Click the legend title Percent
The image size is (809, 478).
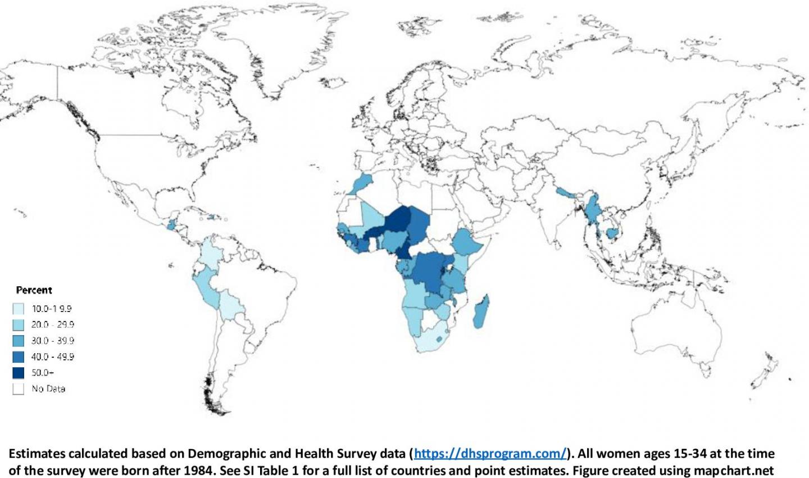[x=34, y=290]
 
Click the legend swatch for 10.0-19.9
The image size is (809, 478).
[x=19, y=309]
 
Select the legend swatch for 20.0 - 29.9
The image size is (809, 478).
[x=19, y=324]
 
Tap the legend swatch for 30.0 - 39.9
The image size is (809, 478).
[x=19, y=341]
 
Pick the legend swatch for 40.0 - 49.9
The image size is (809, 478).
[x=19, y=357]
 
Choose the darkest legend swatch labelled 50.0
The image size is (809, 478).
[x=19, y=372]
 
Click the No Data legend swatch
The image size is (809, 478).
[x=19, y=389]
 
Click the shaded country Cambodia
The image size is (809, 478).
[x=612, y=233]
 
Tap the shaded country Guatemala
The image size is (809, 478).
[x=171, y=224]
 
